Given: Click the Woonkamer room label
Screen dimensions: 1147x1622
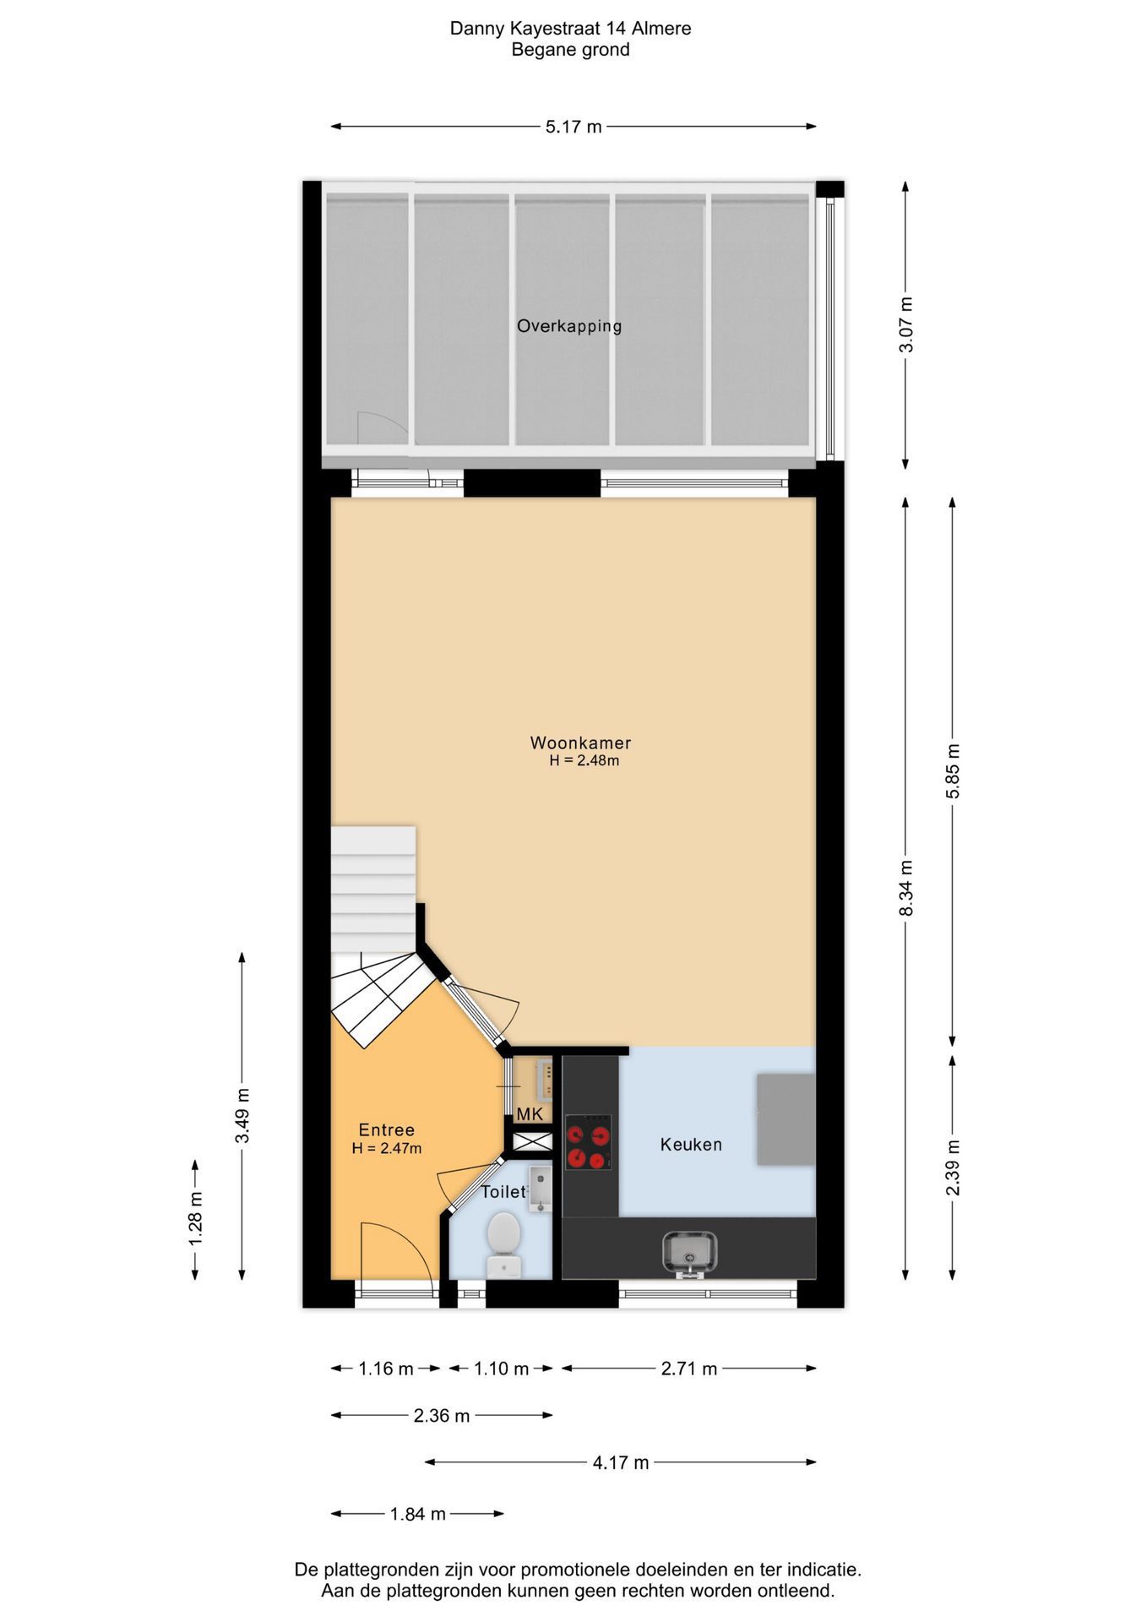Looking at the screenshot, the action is (x=580, y=743).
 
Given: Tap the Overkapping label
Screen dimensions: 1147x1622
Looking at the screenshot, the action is (x=569, y=326).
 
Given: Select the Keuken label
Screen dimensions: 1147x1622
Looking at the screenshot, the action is (x=691, y=1145).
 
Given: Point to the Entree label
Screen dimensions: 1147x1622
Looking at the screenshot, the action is (x=386, y=1130).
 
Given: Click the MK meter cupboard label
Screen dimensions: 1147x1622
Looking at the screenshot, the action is (x=530, y=1114).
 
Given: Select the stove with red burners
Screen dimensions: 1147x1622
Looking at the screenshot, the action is (x=588, y=1142).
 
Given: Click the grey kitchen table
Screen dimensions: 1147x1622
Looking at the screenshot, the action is (x=786, y=1119).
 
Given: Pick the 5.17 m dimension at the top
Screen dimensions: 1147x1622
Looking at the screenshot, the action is (x=573, y=127).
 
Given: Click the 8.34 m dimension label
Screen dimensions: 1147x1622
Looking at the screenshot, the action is (x=906, y=888).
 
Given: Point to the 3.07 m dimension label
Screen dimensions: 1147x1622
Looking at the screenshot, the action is (x=906, y=325).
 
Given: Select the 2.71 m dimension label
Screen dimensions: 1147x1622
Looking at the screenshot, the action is (x=689, y=1369).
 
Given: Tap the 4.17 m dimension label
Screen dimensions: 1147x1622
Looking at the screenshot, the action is (x=621, y=1462).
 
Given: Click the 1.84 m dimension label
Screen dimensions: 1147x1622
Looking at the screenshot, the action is (x=417, y=1514).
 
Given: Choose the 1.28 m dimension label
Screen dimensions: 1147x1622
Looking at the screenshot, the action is (x=196, y=1217).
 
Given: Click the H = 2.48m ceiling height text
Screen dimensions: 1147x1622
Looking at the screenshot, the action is (x=584, y=760).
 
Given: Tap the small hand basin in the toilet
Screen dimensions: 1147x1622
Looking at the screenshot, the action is (x=540, y=1189).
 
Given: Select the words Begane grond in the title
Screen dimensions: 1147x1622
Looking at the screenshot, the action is (x=570, y=50).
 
